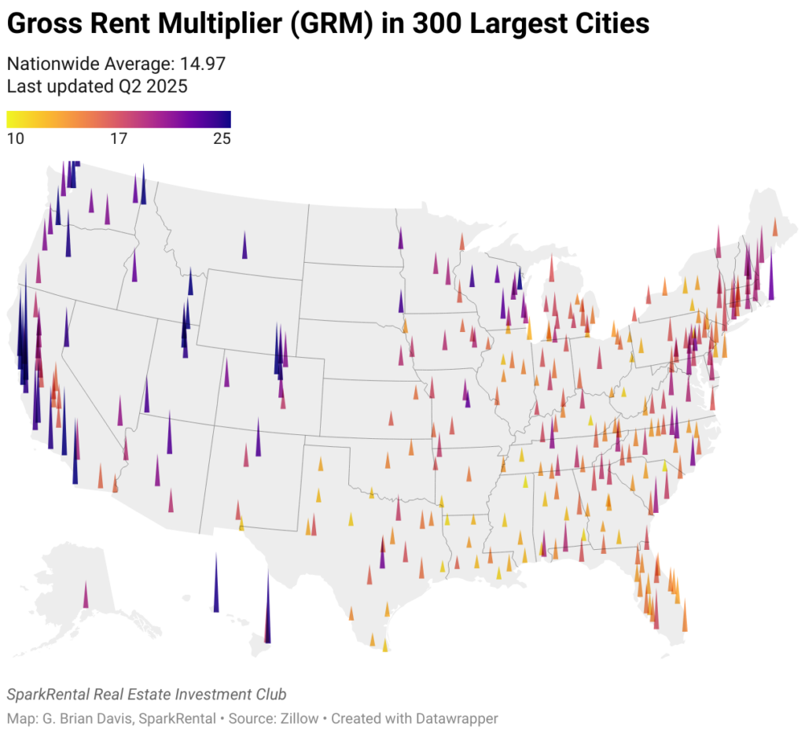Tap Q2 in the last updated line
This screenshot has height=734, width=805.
coord(129,86)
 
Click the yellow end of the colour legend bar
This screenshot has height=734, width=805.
coord(10,119)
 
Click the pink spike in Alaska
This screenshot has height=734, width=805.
coord(86,596)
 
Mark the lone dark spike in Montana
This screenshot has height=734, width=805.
coord(244,246)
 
